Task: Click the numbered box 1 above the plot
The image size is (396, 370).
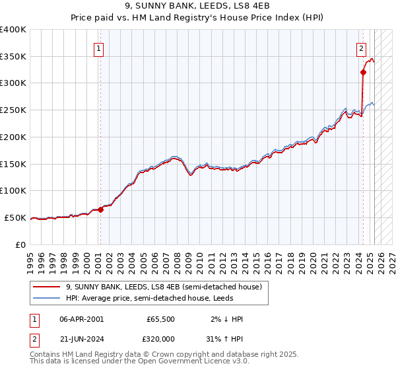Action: tap(98, 48)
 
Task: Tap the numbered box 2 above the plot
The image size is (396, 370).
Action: tap(362, 48)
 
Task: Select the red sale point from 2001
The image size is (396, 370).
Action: tap(101, 209)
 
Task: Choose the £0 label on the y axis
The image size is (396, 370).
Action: tap(21, 244)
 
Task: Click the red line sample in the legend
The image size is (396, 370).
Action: tap(46, 287)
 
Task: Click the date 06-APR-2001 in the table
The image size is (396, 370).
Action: tap(81, 319)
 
